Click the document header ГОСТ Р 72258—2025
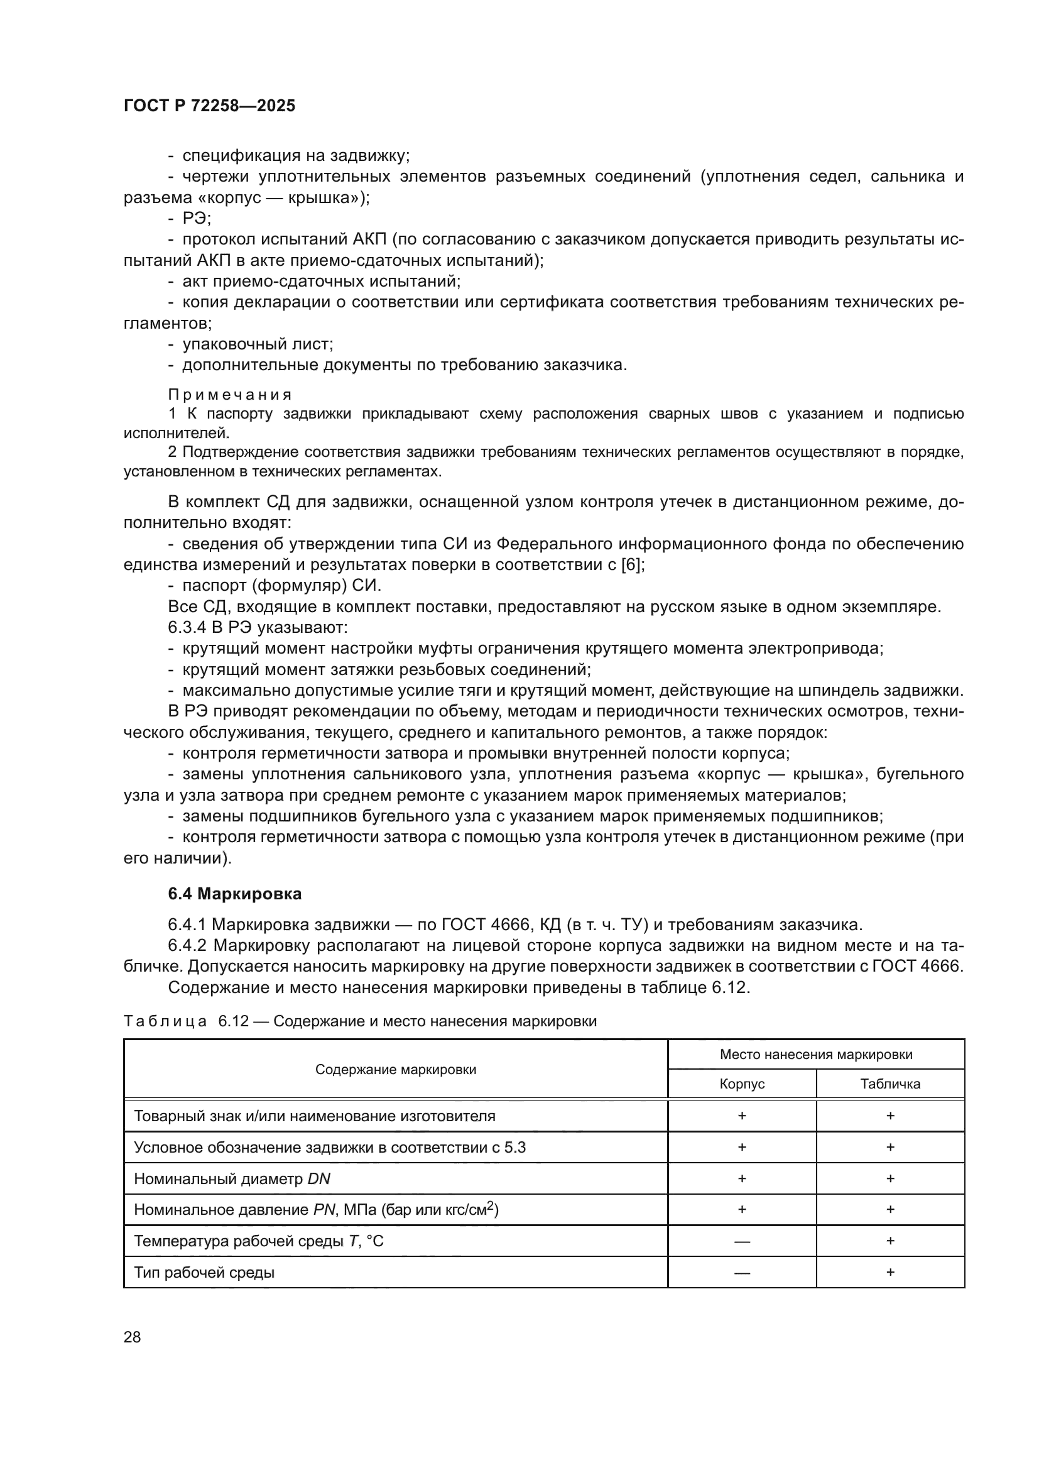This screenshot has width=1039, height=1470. pyautogui.click(x=209, y=106)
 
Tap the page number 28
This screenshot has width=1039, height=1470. pyautogui.click(x=132, y=1337)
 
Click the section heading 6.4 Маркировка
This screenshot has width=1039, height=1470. pyautogui.click(x=235, y=893)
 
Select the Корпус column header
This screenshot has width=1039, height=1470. pyautogui.click(x=741, y=1084)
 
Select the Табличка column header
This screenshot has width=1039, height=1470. pyautogui.click(x=890, y=1084)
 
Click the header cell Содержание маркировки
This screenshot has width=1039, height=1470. pyautogui.click(x=395, y=1070)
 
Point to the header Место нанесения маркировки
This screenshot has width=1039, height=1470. pyautogui.click(x=816, y=1055)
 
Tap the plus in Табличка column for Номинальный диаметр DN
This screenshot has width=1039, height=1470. pyautogui.click(x=890, y=1178)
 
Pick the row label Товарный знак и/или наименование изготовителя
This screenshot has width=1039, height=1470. pyautogui.click(x=314, y=1116)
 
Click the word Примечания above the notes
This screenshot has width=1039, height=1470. pyautogui.click(x=230, y=395)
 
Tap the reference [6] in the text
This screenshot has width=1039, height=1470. pyautogui.click(x=632, y=565)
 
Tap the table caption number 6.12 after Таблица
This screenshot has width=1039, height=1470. pyautogui.click(x=233, y=1021)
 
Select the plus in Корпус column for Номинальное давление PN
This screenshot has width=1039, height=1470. pyautogui.click(x=741, y=1209)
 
